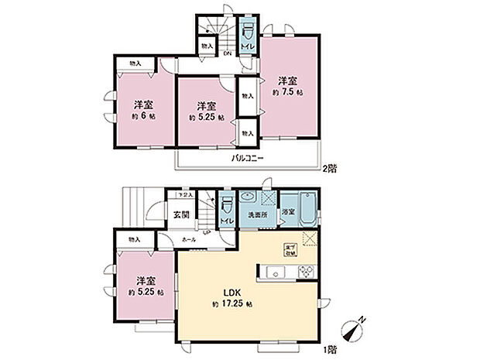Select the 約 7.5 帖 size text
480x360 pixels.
pos(288,92)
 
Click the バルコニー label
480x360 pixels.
pos(248,158)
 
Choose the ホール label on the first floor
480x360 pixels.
pos(188,241)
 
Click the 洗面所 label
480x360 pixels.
pos(257,214)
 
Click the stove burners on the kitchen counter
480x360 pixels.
pos(303,271)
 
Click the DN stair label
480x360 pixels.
pos(228,53)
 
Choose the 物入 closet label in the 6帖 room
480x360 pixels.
pos(135,63)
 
